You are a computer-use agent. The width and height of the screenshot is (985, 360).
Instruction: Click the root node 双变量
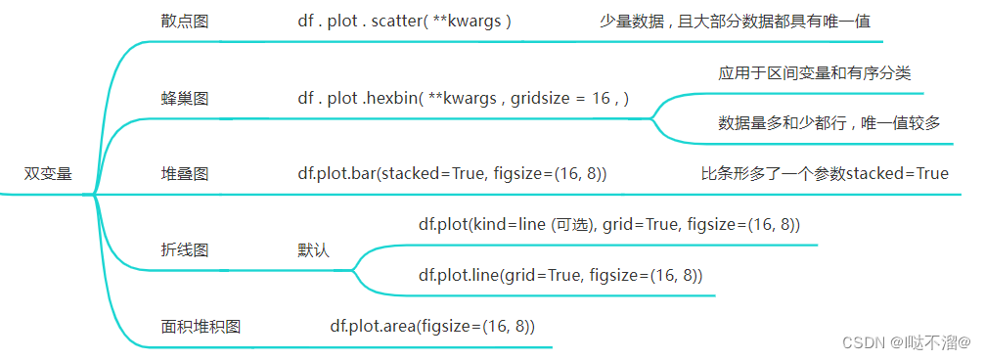(48, 174)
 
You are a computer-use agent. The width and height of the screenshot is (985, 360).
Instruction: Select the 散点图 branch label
(184, 21)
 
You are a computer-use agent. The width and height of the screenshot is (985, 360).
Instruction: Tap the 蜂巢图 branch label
(184, 98)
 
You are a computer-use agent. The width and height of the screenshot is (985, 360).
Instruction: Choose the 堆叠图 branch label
(184, 174)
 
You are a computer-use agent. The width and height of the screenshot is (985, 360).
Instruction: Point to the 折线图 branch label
(184, 249)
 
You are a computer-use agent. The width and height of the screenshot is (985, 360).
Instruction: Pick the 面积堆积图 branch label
(201, 327)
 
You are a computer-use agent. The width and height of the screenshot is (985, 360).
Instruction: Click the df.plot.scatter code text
(405, 21)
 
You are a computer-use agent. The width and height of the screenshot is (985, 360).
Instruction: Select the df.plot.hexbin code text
(463, 98)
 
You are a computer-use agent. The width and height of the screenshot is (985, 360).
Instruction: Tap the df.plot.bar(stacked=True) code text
(452, 174)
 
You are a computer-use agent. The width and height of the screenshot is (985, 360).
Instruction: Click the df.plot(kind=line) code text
(608, 225)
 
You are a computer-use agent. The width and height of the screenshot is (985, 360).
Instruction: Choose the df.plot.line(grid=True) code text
(560, 275)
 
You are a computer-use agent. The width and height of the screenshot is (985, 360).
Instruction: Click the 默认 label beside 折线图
(314, 249)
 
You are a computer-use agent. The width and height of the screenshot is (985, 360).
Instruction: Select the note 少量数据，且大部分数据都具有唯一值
(735, 21)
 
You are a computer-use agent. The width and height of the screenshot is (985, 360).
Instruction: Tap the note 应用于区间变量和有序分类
(815, 73)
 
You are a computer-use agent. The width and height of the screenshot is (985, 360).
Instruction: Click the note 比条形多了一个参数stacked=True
(825, 174)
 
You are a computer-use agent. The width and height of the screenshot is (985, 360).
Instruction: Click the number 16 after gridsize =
(602, 98)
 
